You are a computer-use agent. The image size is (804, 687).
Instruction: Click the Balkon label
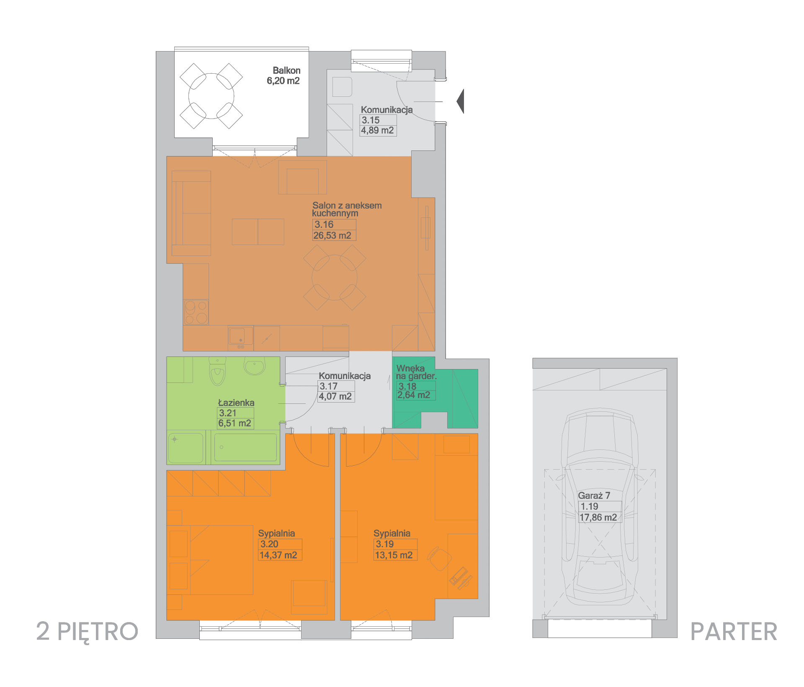pyautogui.click(x=286, y=70)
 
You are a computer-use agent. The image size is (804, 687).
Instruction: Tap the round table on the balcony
pyautogui.click(x=211, y=96)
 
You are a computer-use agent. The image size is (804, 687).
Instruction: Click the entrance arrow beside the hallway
pyautogui.click(x=460, y=101)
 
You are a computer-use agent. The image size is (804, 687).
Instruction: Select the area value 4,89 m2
pyautogui.click(x=377, y=130)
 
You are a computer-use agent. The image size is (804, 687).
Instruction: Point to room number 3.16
pyautogui.click(x=324, y=225)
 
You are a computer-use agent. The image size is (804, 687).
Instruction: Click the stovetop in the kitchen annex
pyautogui.click(x=196, y=312)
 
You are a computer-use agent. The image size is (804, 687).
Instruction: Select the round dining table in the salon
pyautogui.click(x=335, y=277)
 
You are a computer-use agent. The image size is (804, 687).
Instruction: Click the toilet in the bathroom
pyautogui.click(x=217, y=371)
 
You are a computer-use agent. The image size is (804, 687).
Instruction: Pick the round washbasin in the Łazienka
pyautogui.click(x=255, y=365)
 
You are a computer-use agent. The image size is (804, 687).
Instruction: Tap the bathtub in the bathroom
pyautogui.click(x=245, y=447)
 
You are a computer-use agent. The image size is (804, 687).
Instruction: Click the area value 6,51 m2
pyautogui.click(x=234, y=424)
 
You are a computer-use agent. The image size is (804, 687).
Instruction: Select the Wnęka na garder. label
pyautogui.click(x=416, y=372)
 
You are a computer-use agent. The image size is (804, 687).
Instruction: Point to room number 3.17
pyautogui.click(x=328, y=386)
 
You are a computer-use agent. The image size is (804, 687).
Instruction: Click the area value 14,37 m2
pyautogui.click(x=278, y=555)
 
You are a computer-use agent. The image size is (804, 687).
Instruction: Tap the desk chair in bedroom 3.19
pyautogui.click(x=439, y=558)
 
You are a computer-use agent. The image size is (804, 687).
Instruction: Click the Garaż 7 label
pyautogui.click(x=594, y=496)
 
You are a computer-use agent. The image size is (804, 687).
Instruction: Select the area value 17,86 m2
pyautogui.click(x=598, y=518)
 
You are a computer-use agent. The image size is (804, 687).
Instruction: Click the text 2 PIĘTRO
pyautogui.click(x=87, y=632)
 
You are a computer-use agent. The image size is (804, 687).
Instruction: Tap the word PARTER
pyautogui.click(x=734, y=632)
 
